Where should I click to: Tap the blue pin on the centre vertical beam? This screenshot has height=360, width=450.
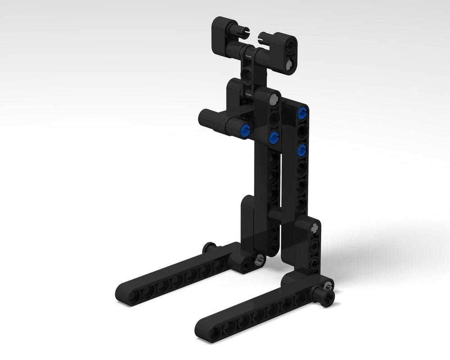tap(274, 138)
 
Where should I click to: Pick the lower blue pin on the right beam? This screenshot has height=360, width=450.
tap(302, 150)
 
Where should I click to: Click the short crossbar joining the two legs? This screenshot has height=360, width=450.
tap(275, 214)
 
